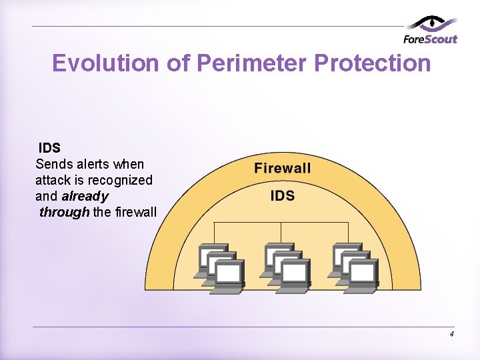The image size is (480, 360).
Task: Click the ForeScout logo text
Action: [x=431, y=39]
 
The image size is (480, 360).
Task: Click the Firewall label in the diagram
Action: [x=283, y=168]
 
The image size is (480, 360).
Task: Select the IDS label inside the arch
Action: [x=283, y=195]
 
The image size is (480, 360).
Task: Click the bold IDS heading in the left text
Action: [x=49, y=148]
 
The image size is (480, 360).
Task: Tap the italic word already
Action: [x=85, y=197]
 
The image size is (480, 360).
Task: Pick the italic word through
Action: [x=64, y=213]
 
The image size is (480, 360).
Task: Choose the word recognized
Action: [x=123, y=180]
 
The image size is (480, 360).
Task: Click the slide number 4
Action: [x=452, y=334]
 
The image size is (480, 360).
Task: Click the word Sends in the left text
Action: [x=51, y=164]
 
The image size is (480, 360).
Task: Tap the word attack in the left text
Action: [x=52, y=180]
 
